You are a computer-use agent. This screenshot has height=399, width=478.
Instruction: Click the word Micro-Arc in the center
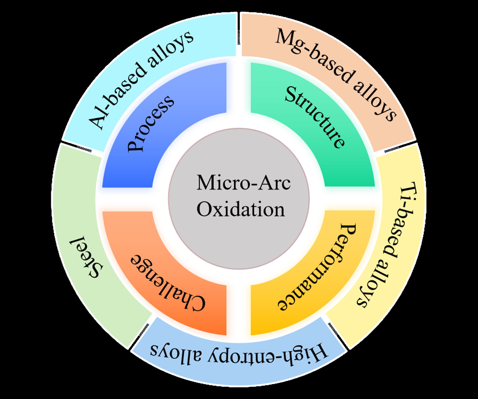[244, 183]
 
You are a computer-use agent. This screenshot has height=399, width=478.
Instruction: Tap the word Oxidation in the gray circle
[241, 210]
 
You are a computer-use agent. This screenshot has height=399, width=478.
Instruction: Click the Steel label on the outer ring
[87, 257]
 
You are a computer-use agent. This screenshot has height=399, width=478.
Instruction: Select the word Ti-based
[402, 223]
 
